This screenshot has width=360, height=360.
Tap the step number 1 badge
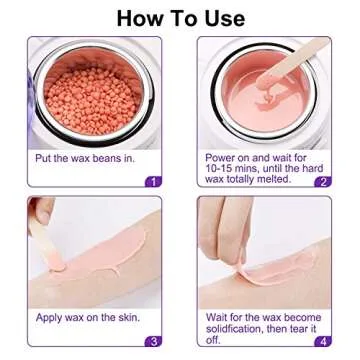pyautogui.click(x=152, y=181)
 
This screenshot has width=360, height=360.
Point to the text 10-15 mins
pyautogui.click(x=232, y=167)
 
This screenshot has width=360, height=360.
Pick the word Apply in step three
pyautogui.click(x=49, y=317)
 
